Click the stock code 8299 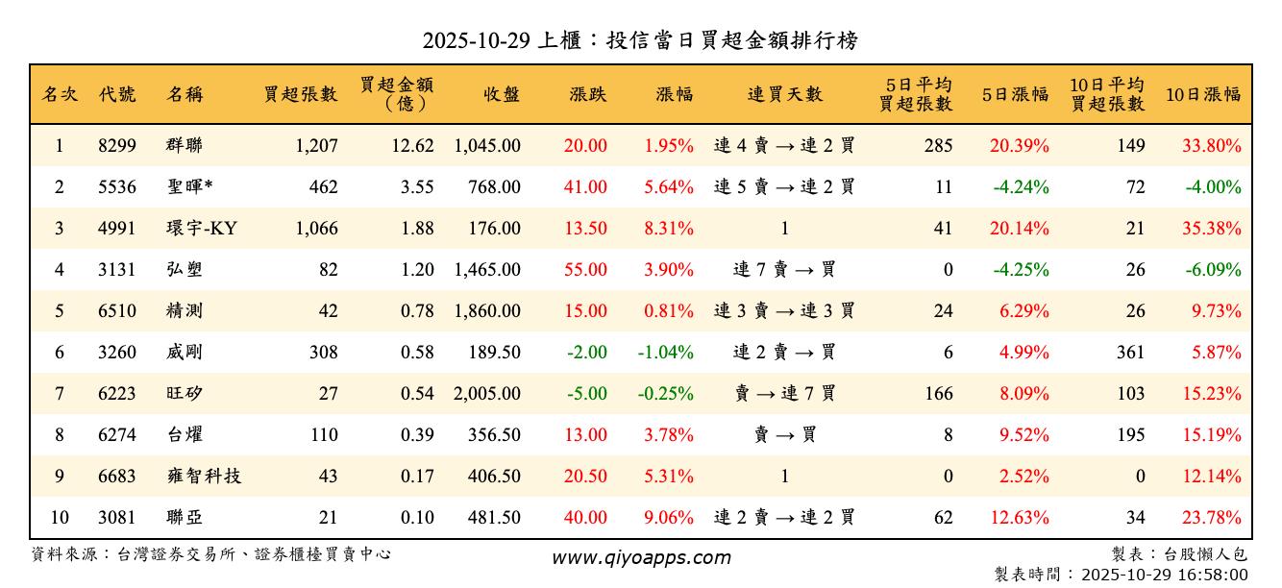click(117, 146)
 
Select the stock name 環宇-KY click(201, 229)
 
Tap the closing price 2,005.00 click(487, 394)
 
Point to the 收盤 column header click(502, 94)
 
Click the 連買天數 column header click(784, 94)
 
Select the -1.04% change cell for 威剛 click(665, 353)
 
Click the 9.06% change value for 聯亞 click(669, 518)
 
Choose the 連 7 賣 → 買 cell click(784, 270)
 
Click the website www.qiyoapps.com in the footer click(641, 557)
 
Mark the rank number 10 click(60, 518)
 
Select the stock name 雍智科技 click(204, 477)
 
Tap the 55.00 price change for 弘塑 click(585, 270)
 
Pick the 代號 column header click(117, 94)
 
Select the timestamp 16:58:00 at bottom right click(1215, 575)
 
